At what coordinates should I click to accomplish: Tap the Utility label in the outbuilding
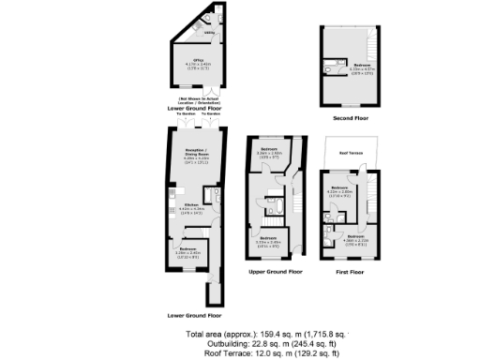tap(208, 32)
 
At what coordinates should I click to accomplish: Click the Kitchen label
tap(191, 204)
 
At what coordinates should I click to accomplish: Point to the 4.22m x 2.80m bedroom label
tap(340, 190)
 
